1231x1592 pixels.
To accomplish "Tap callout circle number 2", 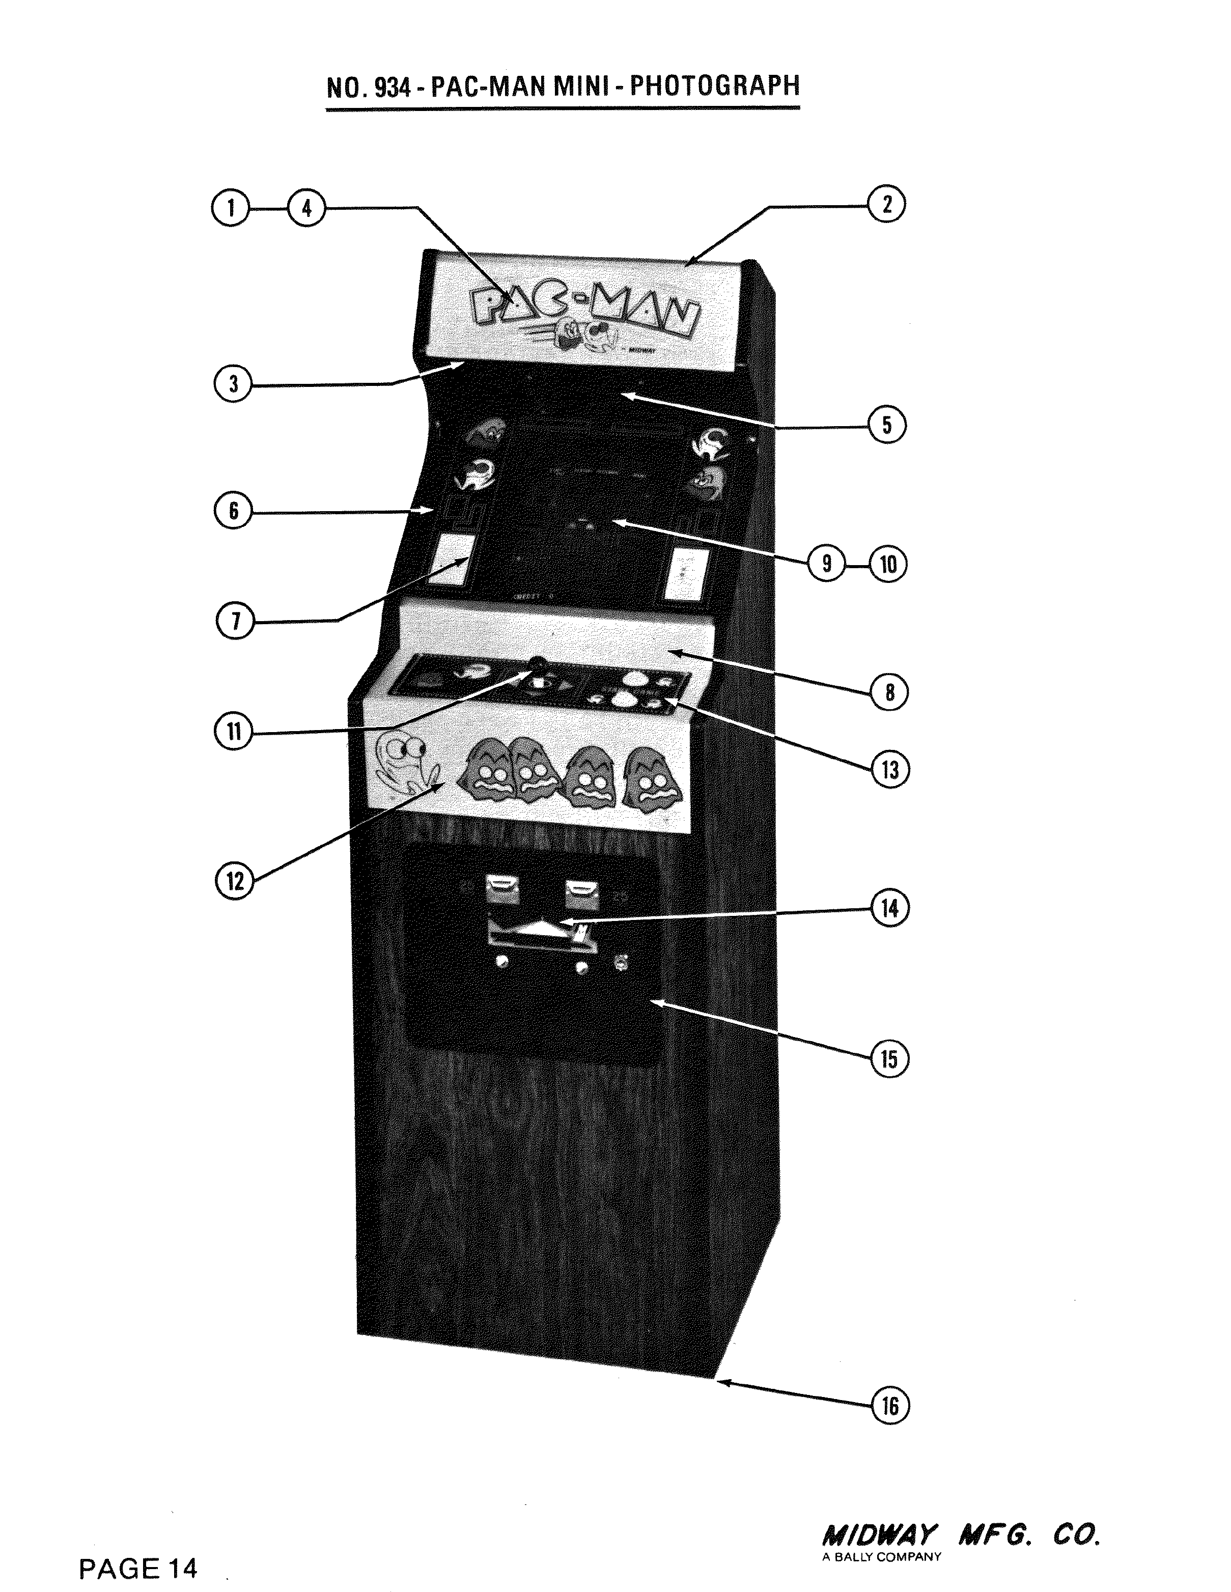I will point(887,204).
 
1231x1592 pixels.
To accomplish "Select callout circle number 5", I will point(887,425).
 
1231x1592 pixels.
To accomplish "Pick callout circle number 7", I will point(235,622).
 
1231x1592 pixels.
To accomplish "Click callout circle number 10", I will point(888,564).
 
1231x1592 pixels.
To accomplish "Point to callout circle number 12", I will point(235,881).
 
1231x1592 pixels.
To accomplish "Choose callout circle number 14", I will point(890,909).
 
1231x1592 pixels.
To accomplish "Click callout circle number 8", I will point(889,692).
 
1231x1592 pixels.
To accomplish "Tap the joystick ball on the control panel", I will point(538,662).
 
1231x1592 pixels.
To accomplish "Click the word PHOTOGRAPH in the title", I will point(714,86).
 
